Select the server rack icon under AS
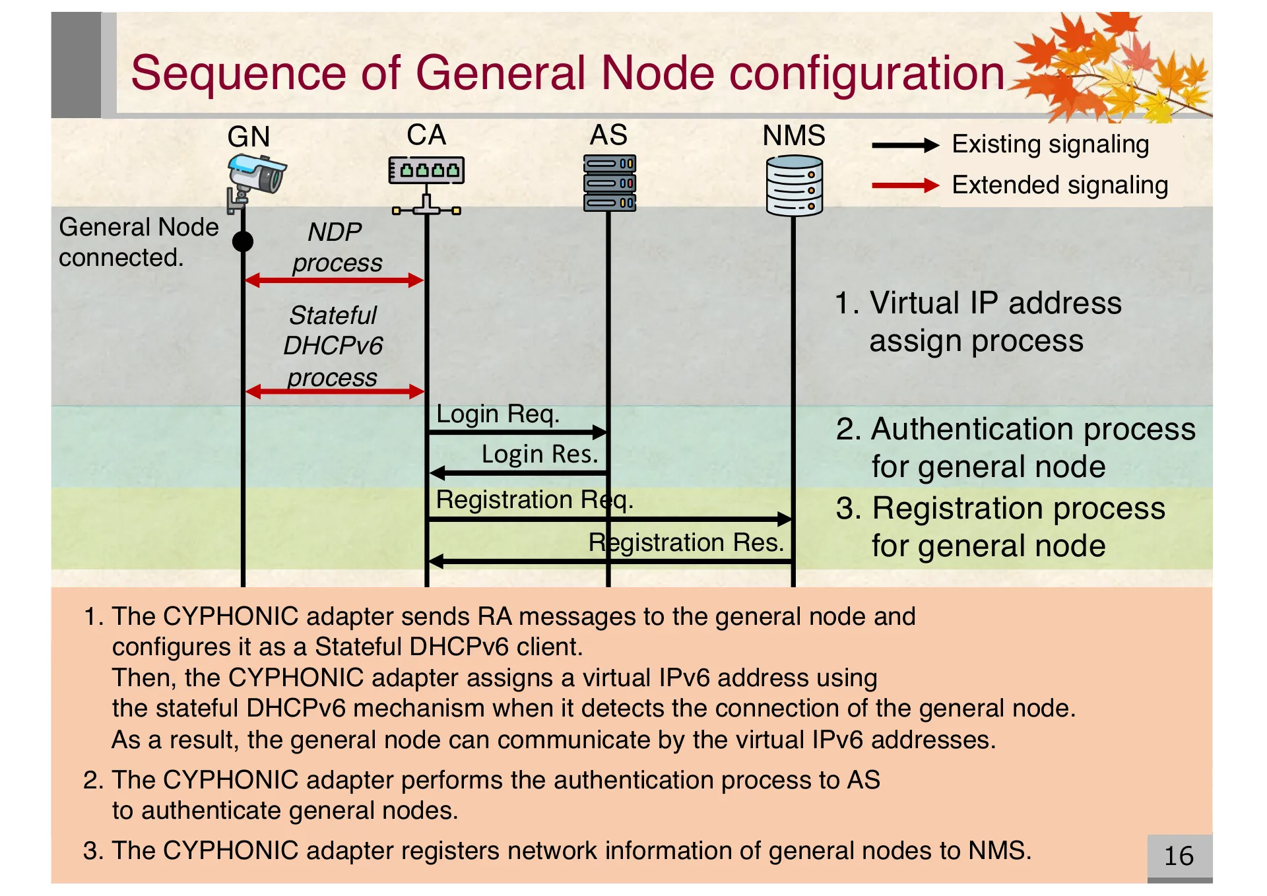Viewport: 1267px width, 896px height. (609, 183)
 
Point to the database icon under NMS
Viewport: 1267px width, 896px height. (794, 185)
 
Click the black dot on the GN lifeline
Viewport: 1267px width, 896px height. (243, 241)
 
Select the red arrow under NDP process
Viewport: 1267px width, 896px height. (334, 280)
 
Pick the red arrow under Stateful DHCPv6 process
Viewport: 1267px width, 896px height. (334, 392)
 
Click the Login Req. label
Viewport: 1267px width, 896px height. (498, 414)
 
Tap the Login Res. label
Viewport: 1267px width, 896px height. (539, 455)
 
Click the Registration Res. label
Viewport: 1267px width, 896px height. (686, 542)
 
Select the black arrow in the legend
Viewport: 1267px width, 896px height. (905, 146)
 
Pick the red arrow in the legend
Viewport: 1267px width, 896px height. (905, 186)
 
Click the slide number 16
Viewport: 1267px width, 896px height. (1179, 856)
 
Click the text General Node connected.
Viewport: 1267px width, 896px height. (138, 242)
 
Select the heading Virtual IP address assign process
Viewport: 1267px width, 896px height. (978, 322)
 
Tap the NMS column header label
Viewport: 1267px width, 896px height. (794, 136)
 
